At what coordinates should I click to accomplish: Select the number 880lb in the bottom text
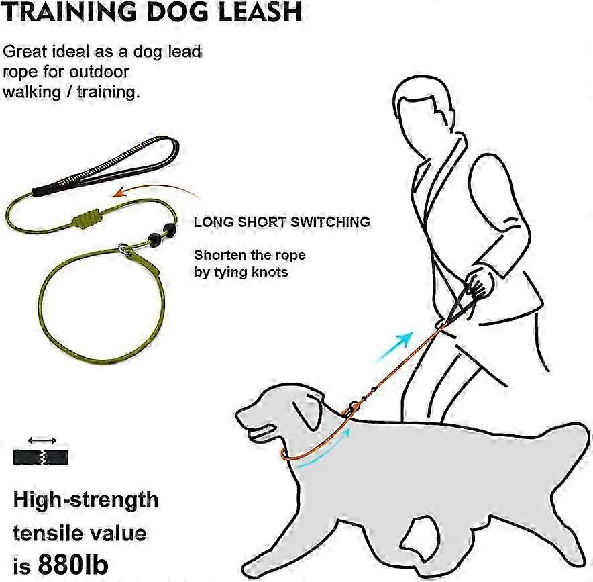click(x=72, y=565)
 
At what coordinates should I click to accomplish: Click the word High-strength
click(x=86, y=501)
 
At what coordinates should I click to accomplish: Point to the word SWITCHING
click(x=330, y=222)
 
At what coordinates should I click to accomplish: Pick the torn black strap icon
click(x=41, y=457)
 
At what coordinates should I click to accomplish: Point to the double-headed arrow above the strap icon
click(x=42, y=440)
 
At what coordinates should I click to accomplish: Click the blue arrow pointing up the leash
click(x=394, y=346)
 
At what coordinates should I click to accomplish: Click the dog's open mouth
click(x=261, y=432)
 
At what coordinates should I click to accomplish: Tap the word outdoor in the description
click(x=99, y=72)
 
